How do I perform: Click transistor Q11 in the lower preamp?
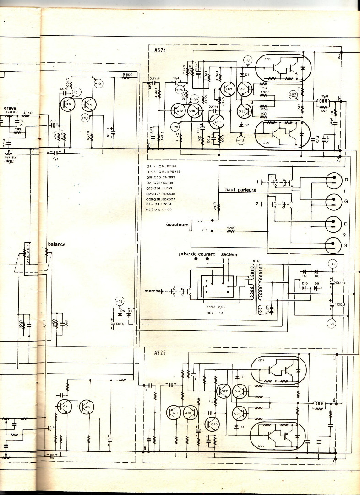click(x=65, y=406)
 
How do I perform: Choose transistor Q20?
click(x=213, y=424)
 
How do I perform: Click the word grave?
click(x=10, y=108)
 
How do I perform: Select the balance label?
click(x=57, y=244)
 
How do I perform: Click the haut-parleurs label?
click(x=240, y=189)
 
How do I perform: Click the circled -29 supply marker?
click(x=332, y=324)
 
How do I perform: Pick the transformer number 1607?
click(x=256, y=261)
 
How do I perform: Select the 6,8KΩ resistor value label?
click(x=128, y=74)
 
